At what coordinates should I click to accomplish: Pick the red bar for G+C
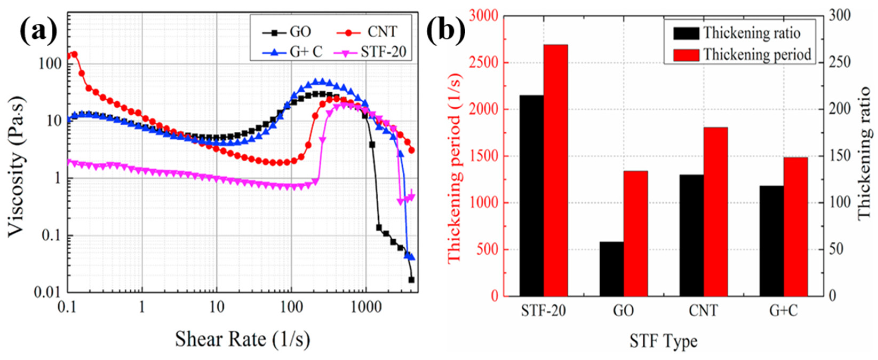(796, 226)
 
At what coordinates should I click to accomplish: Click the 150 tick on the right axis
(830, 156)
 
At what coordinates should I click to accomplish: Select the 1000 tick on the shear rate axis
(366, 307)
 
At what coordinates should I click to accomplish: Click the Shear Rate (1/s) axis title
(243, 339)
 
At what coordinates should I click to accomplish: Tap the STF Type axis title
(663, 341)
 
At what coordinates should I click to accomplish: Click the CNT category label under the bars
(703, 311)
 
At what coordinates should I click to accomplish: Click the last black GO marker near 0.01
(411, 279)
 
